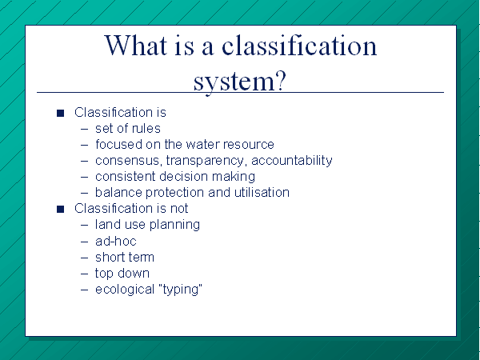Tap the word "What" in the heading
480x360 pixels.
click(x=136, y=46)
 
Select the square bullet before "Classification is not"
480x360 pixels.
click(x=60, y=209)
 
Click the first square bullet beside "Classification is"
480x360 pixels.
click(x=60, y=114)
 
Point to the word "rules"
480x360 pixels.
click(x=146, y=128)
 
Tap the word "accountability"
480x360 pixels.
click(x=292, y=161)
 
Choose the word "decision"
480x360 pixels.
click(x=184, y=177)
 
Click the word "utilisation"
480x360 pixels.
click(x=262, y=193)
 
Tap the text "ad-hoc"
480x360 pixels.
click(x=116, y=242)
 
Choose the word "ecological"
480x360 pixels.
click(x=125, y=290)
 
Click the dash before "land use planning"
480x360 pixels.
click(x=85, y=225)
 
